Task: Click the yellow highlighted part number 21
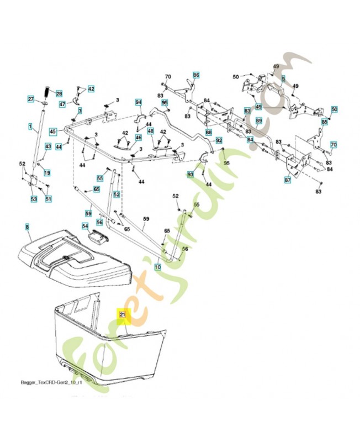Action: point(123,315)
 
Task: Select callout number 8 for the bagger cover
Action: point(27,227)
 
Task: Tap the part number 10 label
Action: point(157,267)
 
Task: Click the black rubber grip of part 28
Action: point(48,89)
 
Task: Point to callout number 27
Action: point(31,99)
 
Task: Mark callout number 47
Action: point(62,104)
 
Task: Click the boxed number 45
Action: point(53,131)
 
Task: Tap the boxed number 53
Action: point(34,199)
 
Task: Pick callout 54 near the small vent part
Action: point(85,226)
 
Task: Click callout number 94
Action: point(139,102)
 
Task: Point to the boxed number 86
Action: point(195,75)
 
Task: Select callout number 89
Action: point(259,121)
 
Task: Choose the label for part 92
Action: point(219,140)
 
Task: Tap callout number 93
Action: point(190,174)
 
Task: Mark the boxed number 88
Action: point(208,133)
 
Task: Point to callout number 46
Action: point(138,138)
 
